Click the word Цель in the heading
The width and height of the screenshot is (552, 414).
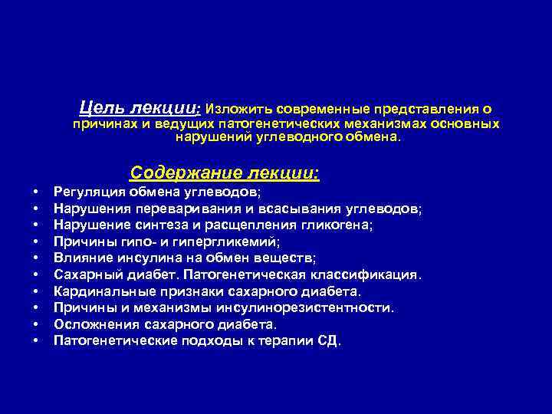[x=100, y=107]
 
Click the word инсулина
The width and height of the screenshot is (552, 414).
[x=139, y=258]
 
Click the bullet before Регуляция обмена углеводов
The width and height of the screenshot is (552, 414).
[x=35, y=192]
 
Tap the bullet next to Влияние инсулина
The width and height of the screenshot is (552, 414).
[x=35, y=258]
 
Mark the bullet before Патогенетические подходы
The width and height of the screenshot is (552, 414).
[x=35, y=341]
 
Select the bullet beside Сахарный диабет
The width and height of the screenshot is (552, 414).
[x=35, y=274]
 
